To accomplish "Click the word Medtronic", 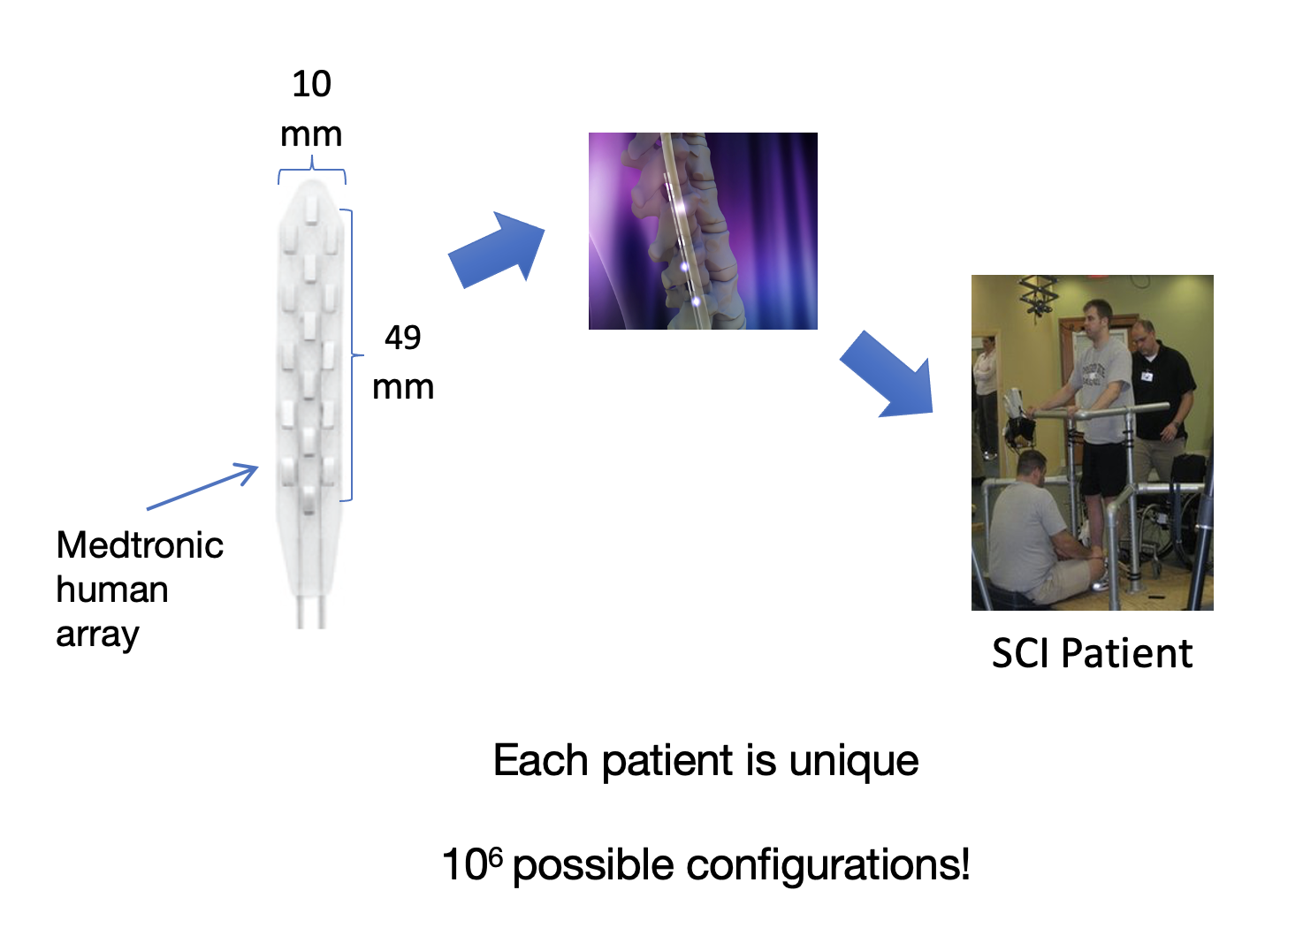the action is coord(140,545).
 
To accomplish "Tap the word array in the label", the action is coord(97,635).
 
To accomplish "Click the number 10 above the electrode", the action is coord(312,84).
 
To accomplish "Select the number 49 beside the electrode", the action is coord(402,338).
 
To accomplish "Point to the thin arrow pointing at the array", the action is coord(202,486).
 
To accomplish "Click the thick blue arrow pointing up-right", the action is coord(496,250).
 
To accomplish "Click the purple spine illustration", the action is coord(703,231).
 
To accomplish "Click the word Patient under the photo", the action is coord(1127,653).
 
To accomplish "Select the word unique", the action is coord(853,761).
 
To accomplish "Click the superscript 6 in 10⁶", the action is coord(495,856).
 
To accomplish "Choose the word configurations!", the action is coord(827,865).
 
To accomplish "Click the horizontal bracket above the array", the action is coord(312,170).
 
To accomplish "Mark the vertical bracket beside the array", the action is coord(351,354).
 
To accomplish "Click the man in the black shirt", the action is coord(1161,401).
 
